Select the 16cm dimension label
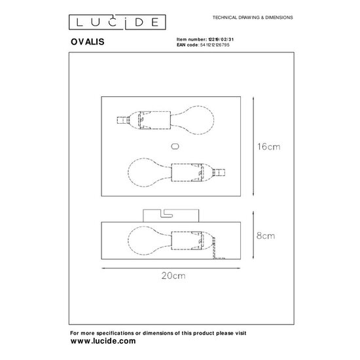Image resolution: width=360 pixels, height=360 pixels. click(269, 148)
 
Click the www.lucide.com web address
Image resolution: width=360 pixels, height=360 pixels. click(103, 341)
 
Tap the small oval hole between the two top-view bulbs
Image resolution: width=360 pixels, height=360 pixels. click(173, 146)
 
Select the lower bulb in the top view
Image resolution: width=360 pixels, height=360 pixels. click(148, 173)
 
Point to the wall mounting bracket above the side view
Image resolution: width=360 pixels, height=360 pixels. click(171, 215)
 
